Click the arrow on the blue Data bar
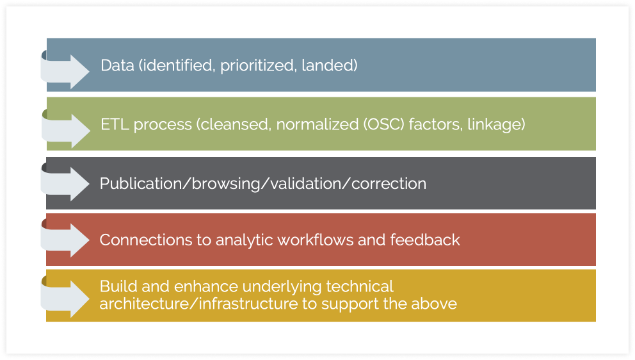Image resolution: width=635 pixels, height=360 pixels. tap(65, 71)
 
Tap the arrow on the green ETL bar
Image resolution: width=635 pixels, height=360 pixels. tap(65, 130)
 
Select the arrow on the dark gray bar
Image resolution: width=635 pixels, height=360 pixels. tap(65, 183)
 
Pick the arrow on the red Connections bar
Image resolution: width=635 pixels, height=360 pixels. tap(65, 240)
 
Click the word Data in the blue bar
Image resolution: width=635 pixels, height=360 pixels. tap(117, 65)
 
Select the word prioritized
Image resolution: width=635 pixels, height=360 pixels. tap(257, 66)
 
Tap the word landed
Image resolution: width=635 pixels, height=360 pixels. tap(329, 65)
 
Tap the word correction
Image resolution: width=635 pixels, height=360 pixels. tap(389, 184)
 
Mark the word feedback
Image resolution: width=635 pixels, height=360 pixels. tap(425, 240)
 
